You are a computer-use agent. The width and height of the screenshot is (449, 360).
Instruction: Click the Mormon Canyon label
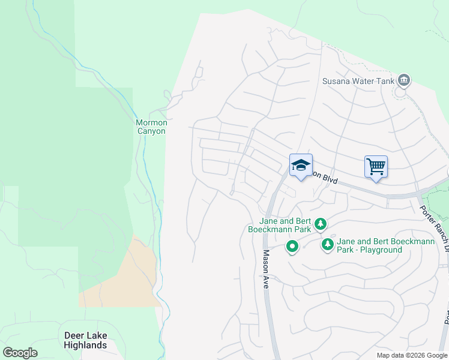[x=151, y=127]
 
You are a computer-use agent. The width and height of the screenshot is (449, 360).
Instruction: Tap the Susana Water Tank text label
[x=358, y=81]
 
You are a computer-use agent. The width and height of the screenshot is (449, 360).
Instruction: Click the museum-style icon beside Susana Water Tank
[x=403, y=80]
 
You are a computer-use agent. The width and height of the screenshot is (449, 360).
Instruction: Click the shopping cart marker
[x=376, y=166]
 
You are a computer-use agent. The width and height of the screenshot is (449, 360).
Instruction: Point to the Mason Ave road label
[x=265, y=269]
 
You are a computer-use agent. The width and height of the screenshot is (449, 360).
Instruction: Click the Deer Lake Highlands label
[x=85, y=340]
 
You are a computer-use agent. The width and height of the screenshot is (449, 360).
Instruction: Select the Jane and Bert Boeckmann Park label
[x=280, y=224]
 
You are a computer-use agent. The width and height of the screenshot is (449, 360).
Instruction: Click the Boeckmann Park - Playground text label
[x=369, y=245]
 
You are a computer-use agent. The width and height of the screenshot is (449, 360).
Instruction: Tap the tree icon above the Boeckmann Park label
[x=321, y=224]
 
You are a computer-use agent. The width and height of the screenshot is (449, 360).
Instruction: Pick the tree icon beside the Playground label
[x=327, y=244]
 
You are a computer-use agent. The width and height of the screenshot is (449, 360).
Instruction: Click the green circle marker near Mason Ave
[x=292, y=247]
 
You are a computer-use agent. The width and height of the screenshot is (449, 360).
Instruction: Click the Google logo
[x=20, y=353]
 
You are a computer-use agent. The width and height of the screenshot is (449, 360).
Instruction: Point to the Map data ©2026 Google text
[x=411, y=355]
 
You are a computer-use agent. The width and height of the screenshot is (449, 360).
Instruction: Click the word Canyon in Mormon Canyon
[x=151, y=131]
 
